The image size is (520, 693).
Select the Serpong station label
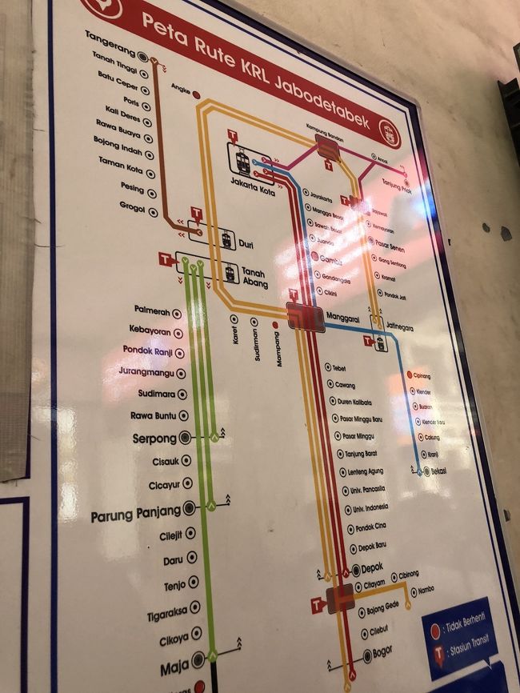coord(154,439)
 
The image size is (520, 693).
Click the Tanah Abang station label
coord(254,277)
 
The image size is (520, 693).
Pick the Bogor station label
coord(382,652)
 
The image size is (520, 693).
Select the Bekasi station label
coord(438,471)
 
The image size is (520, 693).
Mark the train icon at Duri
coord(227,238)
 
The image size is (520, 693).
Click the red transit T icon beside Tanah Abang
coord(166,259)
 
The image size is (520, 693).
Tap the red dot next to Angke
coord(196,94)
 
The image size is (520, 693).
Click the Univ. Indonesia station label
coord(370,508)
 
